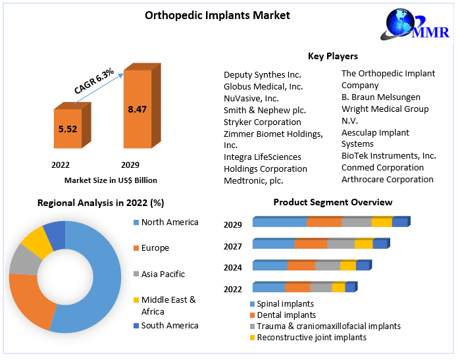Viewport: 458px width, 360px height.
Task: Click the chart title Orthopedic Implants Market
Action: [208, 15]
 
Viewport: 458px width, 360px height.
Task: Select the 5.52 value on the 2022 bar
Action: [68, 129]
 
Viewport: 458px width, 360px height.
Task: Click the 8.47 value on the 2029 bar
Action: [138, 109]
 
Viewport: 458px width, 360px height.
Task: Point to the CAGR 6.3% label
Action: [93, 82]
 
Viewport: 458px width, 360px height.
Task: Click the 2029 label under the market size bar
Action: [130, 165]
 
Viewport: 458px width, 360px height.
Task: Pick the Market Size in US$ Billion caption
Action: [111, 180]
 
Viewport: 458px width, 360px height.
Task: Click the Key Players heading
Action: [332, 56]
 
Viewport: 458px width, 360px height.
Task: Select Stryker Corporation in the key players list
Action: [262, 122]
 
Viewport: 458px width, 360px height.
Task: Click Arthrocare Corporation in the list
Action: [387, 179]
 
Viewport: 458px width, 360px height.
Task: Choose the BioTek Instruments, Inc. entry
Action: [388, 155]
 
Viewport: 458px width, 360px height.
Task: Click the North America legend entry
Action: [169, 222]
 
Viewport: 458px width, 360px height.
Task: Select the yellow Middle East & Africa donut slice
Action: [37, 243]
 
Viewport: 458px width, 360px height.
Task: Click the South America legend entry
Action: [169, 325]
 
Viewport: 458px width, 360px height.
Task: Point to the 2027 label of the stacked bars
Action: [233, 246]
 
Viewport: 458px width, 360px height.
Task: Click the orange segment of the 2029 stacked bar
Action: [324, 222]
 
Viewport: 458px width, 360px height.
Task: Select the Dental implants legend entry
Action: [286, 315]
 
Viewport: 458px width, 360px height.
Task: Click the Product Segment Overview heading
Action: [332, 202]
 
